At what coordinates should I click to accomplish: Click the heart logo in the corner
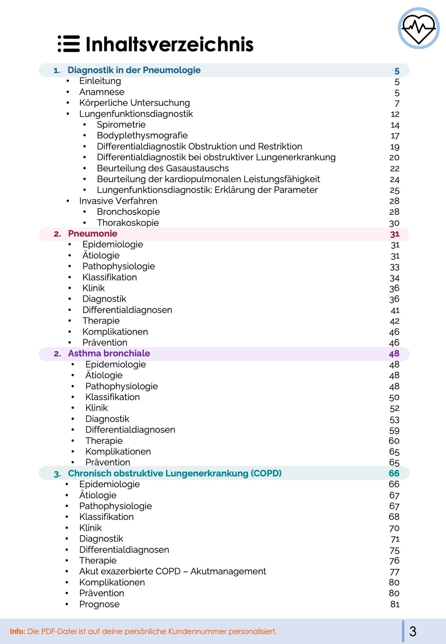[x=419, y=28]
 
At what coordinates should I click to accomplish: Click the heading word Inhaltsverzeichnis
[x=169, y=44]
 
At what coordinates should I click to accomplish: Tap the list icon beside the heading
[x=69, y=44]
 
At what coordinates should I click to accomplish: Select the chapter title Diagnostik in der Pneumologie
[x=134, y=70]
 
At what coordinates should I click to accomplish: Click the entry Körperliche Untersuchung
[x=134, y=103]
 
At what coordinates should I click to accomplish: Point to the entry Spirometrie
[x=121, y=125]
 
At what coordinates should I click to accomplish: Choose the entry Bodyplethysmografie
[x=142, y=135]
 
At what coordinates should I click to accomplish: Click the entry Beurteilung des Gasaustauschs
[x=163, y=168]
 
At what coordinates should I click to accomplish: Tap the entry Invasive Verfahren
[x=118, y=201]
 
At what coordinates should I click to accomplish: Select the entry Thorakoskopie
[x=128, y=223]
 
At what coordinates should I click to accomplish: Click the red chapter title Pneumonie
[x=93, y=234]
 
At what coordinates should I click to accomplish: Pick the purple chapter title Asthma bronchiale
[x=109, y=353]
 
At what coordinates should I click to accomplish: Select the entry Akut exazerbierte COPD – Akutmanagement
[x=173, y=571]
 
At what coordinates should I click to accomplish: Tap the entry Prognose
[x=99, y=604]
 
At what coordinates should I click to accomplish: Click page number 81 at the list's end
[x=395, y=604]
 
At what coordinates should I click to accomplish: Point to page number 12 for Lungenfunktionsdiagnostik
[x=395, y=114]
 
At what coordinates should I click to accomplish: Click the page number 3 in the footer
[x=413, y=631]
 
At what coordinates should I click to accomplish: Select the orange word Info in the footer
[x=17, y=631]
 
